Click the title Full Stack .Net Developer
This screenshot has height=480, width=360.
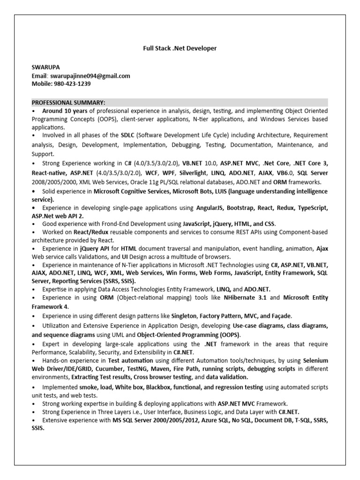[x=180, y=48]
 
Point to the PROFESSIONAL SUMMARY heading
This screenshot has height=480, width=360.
[x=68, y=103]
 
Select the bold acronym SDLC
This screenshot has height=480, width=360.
[x=128, y=135]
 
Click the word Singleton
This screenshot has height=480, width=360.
[x=184, y=316]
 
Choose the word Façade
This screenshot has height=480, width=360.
[x=283, y=316]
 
